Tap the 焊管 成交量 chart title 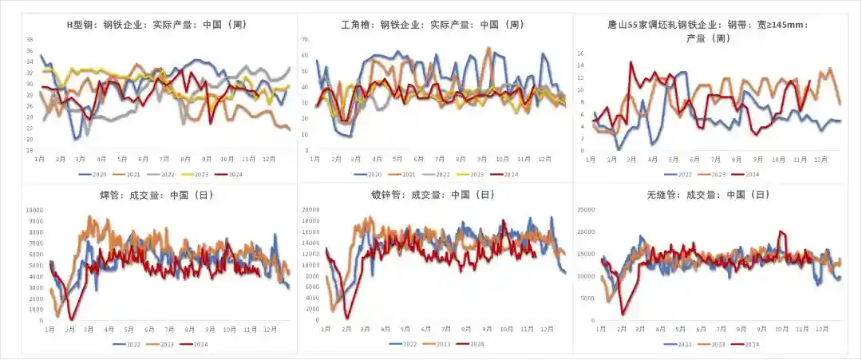(x=155, y=194)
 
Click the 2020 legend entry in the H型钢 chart (x=95, y=174)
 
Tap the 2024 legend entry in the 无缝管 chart (x=746, y=344)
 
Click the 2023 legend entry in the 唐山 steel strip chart (x=710, y=174)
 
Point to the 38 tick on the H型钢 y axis (x=30, y=39)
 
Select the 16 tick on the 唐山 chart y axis (x=580, y=54)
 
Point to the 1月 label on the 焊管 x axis (x=49, y=329)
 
